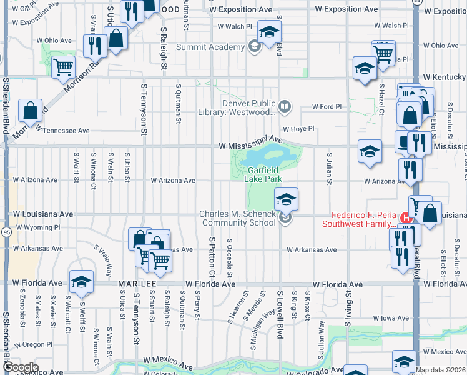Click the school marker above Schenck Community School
pos(286,199)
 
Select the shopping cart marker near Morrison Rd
pos(63,67)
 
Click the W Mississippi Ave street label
pos(250,145)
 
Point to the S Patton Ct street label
pos(212,257)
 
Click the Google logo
pos(20,367)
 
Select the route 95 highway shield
pos(6,232)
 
